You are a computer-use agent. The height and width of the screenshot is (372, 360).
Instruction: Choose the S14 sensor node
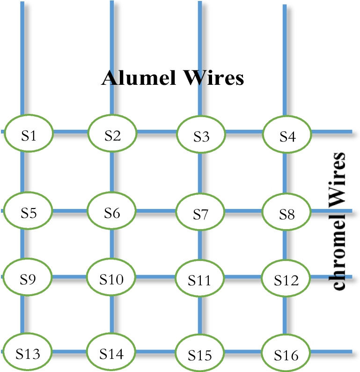point(112,352)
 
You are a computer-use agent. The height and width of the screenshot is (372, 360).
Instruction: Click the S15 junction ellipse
point(200,354)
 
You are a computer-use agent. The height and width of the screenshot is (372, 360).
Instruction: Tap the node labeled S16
point(287,354)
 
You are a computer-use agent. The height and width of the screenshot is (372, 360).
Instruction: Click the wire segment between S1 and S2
point(70,133)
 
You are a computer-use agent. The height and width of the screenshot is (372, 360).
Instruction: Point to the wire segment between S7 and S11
point(200,246)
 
